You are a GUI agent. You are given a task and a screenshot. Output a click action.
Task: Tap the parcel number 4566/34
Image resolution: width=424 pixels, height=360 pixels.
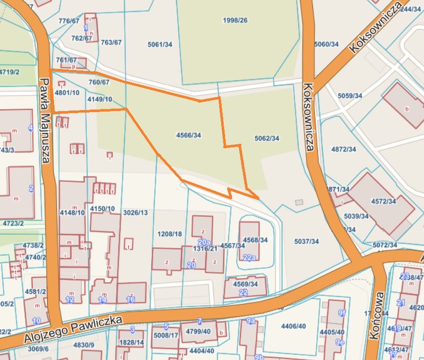tap(188, 135)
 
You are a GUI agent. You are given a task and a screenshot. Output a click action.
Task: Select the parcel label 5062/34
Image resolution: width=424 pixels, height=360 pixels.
tap(266, 138)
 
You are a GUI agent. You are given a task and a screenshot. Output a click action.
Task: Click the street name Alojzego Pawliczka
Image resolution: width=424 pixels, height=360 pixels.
tap(72, 331)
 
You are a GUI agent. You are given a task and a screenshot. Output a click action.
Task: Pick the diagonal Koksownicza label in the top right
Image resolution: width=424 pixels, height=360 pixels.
tap(375, 28)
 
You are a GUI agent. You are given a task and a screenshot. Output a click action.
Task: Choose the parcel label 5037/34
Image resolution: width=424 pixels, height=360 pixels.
tap(306, 241)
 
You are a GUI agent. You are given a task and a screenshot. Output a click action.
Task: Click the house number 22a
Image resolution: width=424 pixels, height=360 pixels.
tap(249, 257)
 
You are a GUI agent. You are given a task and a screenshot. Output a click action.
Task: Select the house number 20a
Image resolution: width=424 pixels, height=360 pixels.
tap(204, 242)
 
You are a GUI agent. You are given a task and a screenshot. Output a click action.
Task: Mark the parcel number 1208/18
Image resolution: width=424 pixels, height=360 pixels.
tap(170, 234)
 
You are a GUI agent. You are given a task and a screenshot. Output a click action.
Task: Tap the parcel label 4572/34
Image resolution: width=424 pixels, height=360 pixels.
tap(383, 201)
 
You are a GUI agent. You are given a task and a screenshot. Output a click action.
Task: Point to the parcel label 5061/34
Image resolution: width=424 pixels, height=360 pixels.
tap(160, 45)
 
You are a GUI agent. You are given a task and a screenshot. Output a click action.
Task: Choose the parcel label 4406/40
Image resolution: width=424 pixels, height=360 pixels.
tap(294, 326)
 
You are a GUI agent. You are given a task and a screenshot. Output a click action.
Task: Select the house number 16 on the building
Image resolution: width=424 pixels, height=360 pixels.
tap(131, 300)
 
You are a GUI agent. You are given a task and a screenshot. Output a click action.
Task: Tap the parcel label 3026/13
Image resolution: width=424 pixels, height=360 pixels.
tap(135, 212)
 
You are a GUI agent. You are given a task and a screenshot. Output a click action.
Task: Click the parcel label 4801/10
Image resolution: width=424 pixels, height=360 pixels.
tap(67, 92)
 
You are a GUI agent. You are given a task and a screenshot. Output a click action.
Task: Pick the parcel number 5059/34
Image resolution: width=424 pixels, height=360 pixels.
tap(350, 95)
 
